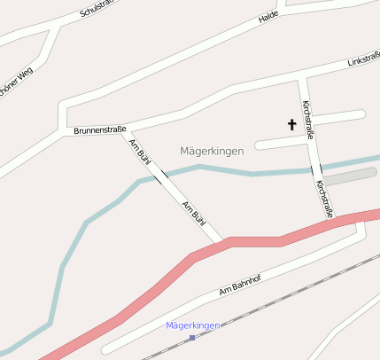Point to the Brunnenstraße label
[x=99, y=129]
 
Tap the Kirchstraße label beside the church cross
[x=307, y=120]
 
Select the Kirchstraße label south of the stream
[x=324, y=199]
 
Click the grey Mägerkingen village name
[x=211, y=152]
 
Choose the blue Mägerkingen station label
[x=193, y=325]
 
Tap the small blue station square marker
[x=191, y=337]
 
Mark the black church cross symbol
[x=291, y=124]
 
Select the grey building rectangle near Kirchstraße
[x=350, y=176]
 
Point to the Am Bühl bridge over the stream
[x=160, y=177]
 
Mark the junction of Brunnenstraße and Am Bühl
[x=124, y=131]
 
